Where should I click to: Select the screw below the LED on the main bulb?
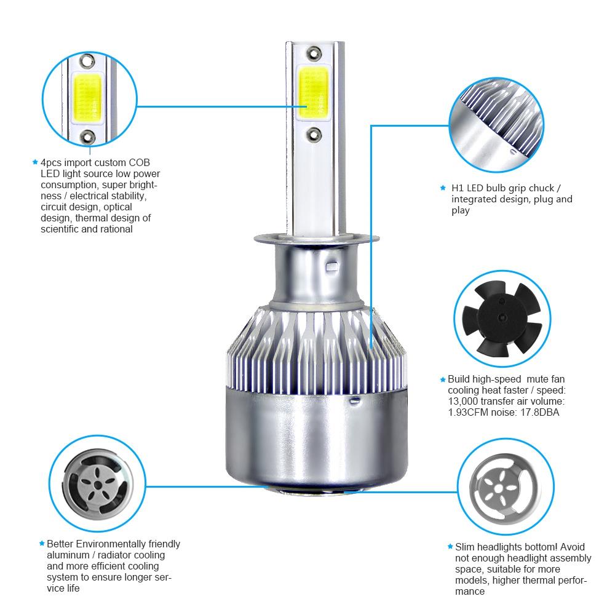[314, 132]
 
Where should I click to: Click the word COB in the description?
[138, 162]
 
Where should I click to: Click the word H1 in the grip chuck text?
[458, 188]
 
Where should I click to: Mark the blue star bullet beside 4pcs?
[35, 162]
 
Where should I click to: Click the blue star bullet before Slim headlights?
[450, 546]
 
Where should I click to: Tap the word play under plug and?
[460, 210]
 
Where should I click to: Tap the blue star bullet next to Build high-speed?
[442, 380]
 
